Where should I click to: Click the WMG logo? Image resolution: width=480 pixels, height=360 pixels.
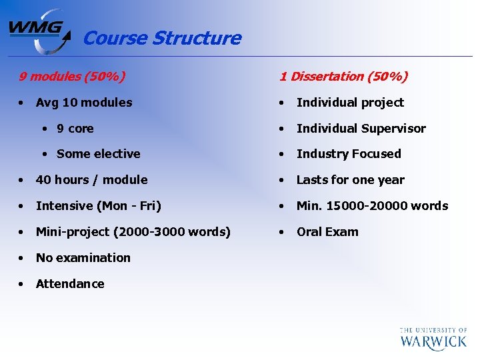click(x=39, y=31)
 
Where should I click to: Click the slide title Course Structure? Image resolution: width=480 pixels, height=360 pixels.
click(x=161, y=38)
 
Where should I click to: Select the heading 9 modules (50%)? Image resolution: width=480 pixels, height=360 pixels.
click(x=71, y=76)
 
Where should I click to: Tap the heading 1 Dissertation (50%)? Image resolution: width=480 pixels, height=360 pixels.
click(x=343, y=76)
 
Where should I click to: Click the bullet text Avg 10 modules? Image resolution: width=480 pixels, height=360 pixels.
click(x=84, y=103)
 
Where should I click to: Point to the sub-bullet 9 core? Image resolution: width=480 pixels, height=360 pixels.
click(x=75, y=129)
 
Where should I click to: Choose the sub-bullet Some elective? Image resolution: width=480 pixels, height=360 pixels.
click(x=98, y=154)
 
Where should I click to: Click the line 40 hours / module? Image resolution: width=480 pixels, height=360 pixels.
click(x=91, y=180)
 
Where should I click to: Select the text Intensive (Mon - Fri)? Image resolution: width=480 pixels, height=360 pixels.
click(x=98, y=206)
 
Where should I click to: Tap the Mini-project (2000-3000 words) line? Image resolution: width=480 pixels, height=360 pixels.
click(x=133, y=232)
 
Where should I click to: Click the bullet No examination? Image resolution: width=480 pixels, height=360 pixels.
click(x=83, y=258)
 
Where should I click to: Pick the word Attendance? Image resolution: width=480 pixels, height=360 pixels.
click(x=70, y=284)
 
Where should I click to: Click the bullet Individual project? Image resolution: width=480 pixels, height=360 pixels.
click(x=350, y=103)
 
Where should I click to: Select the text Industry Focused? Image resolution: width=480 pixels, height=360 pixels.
click(x=349, y=154)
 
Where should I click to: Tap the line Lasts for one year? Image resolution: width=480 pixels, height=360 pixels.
click(x=350, y=180)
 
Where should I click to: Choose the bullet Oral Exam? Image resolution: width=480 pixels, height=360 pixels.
click(x=327, y=232)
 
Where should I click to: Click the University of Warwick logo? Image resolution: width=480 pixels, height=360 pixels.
click(x=433, y=338)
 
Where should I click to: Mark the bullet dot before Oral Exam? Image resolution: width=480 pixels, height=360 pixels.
click(x=283, y=232)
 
